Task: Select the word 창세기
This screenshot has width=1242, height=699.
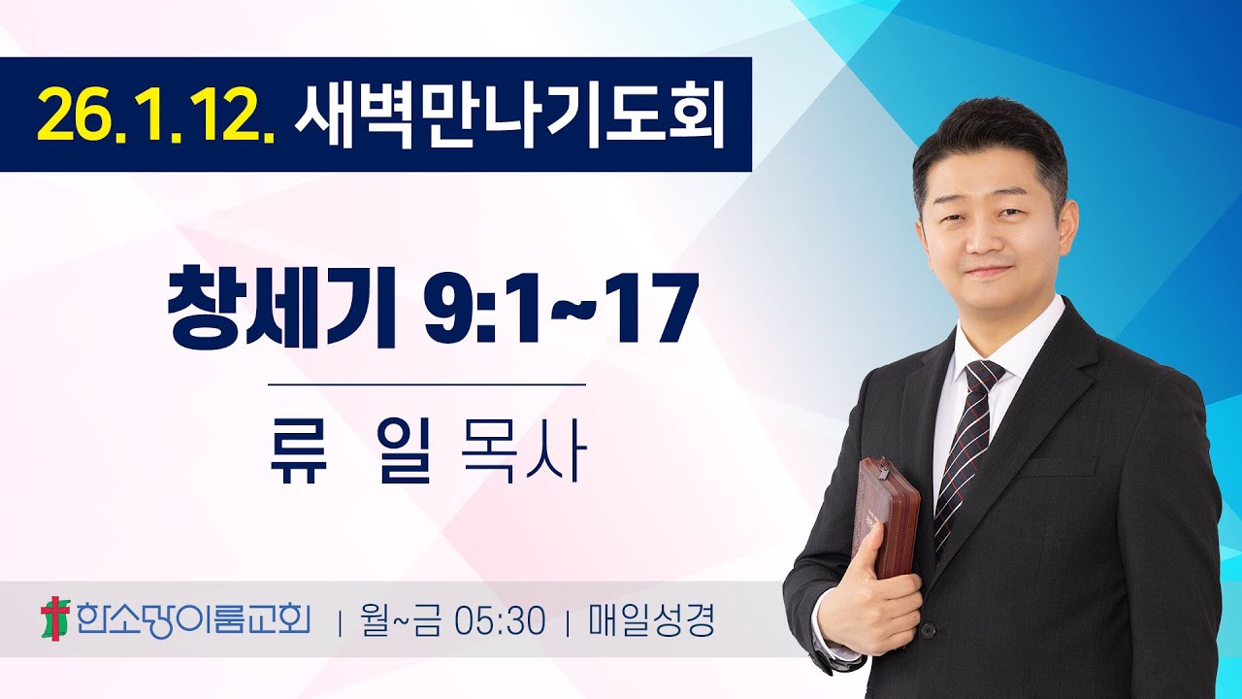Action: tap(282, 309)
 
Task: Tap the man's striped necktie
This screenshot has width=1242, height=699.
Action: tap(963, 456)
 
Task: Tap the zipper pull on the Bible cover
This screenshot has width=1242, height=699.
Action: tap(884, 474)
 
